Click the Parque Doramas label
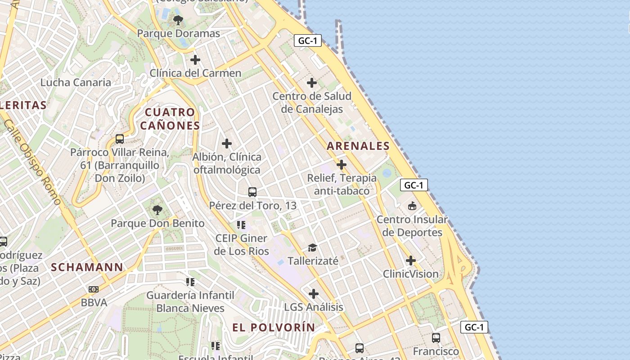pyautogui.click(x=179, y=33)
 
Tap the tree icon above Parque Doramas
pyautogui.click(x=178, y=20)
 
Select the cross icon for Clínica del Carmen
pyautogui.click(x=195, y=59)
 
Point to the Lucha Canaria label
pyautogui.click(x=76, y=82)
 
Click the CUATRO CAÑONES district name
pyautogui.click(x=170, y=119)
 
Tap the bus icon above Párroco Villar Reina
pyautogui.click(x=120, y=139)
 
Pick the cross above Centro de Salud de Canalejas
pyautogui.click(x=311, y=83)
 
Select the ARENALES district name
pyautogui.click(x=358, y=146)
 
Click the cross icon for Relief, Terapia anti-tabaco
pyautogui.click(x=342, y=165)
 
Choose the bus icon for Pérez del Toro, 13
pyautogui.click(x=252, y=192)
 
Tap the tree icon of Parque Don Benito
pyautogui.click(x=157, y=210)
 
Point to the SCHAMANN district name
pyautogui.click(x=87, y=267)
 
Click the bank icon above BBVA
pyautogui.click(x=94, y=289)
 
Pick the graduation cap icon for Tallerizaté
pyautogui.click(x=312, y=247)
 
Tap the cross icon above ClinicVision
pyautogui.click(x=411, y=261)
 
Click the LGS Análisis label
pyautogui.click(x=314, y=307)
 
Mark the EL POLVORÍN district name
pyautogui.click(x=274, y=328)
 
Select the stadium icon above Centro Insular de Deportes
pyautogui.click(x=412, y=206)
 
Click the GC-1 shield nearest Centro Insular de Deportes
pyautogui.click(x=414, y=185)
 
